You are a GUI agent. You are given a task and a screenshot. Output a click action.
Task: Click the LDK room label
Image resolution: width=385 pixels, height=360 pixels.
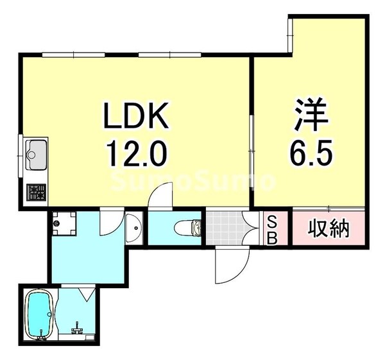coord(136,118)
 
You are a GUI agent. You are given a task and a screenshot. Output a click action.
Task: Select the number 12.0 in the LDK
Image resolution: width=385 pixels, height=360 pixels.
coord(136,154)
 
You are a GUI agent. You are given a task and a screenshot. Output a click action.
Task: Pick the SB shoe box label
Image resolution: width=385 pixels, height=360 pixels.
coord(271,229)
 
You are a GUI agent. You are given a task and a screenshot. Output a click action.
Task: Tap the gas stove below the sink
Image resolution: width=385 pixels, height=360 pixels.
coord(35,191)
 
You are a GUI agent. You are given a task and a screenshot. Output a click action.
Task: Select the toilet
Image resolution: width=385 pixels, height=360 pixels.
coord(189,227)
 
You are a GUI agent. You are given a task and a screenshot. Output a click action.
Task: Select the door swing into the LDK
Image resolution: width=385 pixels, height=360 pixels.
coord(160,195)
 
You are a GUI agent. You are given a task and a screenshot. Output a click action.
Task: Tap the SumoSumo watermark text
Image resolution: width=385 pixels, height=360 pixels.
coord(193,182)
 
